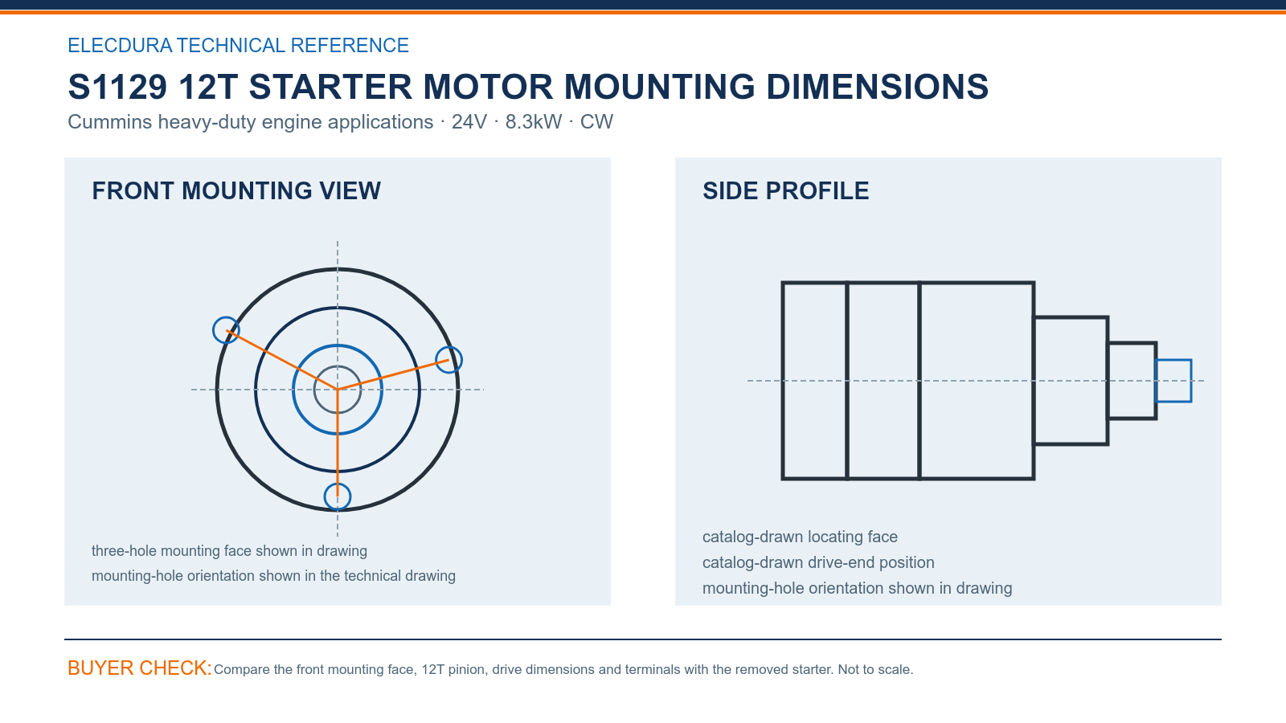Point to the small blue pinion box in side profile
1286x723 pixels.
[x=1173, y=361]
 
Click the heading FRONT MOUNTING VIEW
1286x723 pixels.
[x=236, y=191]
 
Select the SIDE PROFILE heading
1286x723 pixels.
[x=785, y=191]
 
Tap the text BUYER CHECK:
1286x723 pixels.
[x=140, y=668]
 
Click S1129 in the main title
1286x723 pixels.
[x=117, y=88]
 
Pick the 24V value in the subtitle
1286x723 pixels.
[x=469, y=121]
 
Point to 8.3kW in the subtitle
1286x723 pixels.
[x=534, y=121]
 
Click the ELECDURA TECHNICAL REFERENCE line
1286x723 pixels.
[x=238, y=45]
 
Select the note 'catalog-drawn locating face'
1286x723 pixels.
[x=800, y=537]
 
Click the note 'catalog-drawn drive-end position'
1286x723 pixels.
[x=818, y=562]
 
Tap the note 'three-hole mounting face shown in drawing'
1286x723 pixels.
[x=229, y=551]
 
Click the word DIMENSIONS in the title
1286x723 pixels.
[x=877, y=88]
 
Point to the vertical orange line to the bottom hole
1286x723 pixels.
[x=338, y=443]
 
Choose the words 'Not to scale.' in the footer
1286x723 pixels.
[x=875, y=670]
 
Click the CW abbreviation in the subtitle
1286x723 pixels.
[x=596, y=121]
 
